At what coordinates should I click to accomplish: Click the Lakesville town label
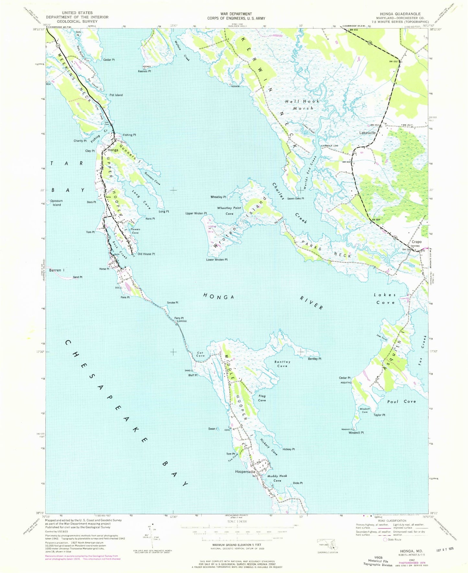(368, 133)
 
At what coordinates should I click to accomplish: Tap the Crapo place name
(417, 242)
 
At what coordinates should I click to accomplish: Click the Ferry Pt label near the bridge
(179, 318)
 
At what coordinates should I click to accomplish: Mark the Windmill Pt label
(356, 433)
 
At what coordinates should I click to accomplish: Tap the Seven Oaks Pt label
(295, 199)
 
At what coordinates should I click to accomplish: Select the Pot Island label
(116, 95)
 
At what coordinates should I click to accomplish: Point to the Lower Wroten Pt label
(217, 260)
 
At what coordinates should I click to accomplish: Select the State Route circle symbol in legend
(385, 540)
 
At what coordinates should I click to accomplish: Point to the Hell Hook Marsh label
(302, 105)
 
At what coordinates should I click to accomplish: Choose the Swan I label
(213, 429)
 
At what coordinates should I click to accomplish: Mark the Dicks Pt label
(298, 483)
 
